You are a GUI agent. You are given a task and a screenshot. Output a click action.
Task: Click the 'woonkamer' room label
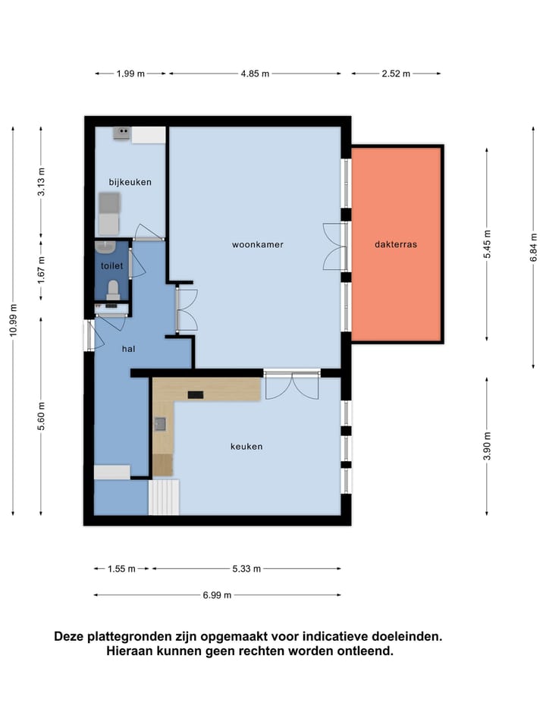coord(258,245)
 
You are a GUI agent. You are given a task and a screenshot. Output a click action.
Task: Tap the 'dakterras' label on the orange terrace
coord(396,244)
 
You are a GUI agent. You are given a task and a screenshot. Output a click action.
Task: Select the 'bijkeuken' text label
coord(130,182)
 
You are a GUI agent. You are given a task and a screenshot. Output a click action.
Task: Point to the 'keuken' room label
coord(246,447)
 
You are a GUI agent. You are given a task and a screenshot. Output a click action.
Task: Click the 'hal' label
coord(129,349)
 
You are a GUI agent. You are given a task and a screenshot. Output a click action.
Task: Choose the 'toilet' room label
coord(112,266)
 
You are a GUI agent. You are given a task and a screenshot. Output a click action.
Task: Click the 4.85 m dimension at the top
coord(255,74)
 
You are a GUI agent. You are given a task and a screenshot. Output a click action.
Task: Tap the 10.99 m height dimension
coord(13,320)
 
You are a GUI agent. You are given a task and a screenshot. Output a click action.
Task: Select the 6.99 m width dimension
coord(217,595)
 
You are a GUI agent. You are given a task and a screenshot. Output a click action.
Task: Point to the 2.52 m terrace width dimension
coord(396,74)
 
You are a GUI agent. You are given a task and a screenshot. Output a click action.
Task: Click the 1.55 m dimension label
coord(121,569)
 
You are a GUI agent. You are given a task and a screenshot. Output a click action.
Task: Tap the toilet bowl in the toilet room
coord(113,290)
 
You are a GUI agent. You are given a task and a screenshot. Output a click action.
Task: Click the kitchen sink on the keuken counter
coord(160,424)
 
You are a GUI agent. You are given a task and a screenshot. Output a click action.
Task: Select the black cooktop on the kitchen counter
coord(196,394)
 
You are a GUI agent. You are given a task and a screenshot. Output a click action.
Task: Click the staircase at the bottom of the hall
coord(164,497)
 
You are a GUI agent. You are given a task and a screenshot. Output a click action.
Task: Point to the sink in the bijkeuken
coord(121,133)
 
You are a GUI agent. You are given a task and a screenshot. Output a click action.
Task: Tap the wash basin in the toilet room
coord(105,247)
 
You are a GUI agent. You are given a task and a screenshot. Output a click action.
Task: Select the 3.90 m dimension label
coord(487,446)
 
